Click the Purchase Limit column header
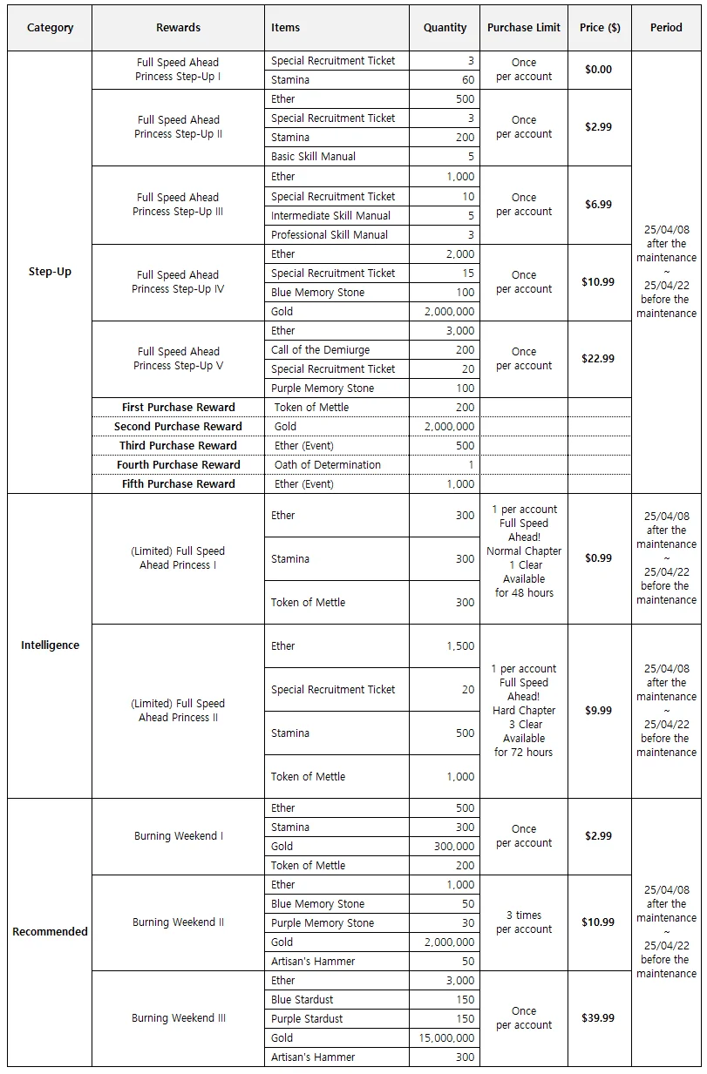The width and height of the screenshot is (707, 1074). pyautogui.click(x=523, y=28)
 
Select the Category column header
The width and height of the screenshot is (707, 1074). pyautogui.click(x=50, y=28)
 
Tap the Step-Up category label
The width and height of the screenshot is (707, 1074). pyautogui.click(x=50, y=272)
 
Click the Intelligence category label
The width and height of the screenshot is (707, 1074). pyautogui.click(x=50, y=645)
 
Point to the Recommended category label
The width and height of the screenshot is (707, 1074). pyautogui.click(x=50, y=932)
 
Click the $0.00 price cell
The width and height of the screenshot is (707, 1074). pyautogui.click(x=598, y=70)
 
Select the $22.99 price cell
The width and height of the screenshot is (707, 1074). pyautogui.click(x=598, y=359)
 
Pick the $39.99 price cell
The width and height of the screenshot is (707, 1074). pyautogui.click(x=598, y=1018)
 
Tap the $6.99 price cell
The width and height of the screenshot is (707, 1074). pyautogui.click(x=598, y=205)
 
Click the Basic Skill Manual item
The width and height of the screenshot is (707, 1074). pyautogui.click(x=313, y=157)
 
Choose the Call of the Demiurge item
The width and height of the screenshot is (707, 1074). pyautogui.click(x=320, y=350)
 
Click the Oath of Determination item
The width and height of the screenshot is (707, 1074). pyautogui.click(x=327, y=465)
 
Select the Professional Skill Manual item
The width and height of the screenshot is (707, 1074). pyautogui.click(x=329, y=235)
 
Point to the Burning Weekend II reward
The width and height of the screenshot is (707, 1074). pyautogui.click(x=178, y=922)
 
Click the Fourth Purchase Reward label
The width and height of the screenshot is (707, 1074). pyautogui.click(x=178, y=465)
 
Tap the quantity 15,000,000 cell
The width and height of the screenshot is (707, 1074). pyautogui.click(x=445, y=1038)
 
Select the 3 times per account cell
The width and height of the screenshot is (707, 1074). pyautogui.click(x=523, y=922)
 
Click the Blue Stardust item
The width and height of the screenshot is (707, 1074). pyautogui.click(x=302, y=1000)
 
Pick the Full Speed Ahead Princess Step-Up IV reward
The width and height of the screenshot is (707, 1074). pyautogui.click(x=178, y=282)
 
